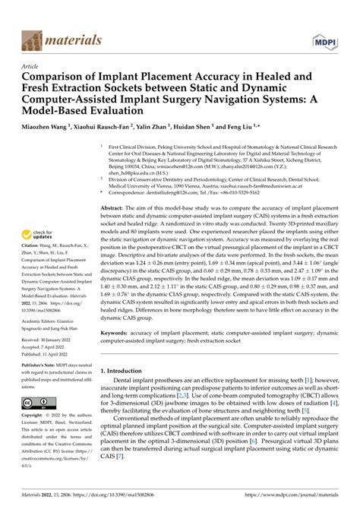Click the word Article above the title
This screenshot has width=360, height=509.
(x=32, y=66)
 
